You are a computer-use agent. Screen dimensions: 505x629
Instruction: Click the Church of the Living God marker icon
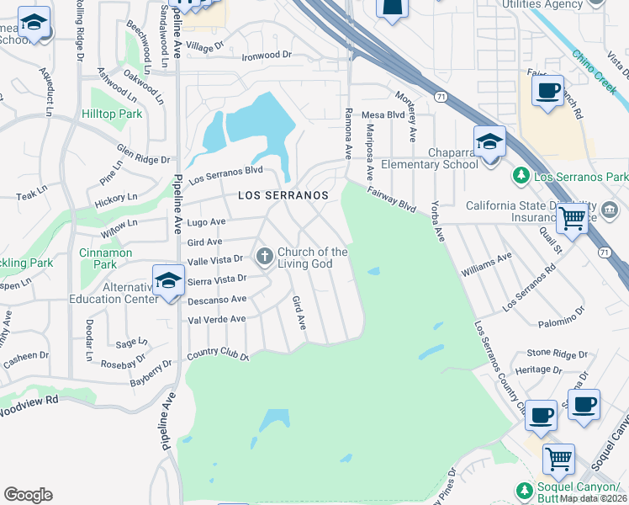click(265, 255)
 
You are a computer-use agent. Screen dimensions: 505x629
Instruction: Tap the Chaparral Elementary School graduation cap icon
click(489, 143)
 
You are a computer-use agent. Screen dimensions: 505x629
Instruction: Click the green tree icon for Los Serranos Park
click(521, 176)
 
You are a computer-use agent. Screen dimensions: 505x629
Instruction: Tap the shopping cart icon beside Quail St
click(573, 219)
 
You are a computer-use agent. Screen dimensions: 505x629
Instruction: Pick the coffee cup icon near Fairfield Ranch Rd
click(548, 90)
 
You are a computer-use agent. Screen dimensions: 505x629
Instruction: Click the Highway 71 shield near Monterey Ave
click(440, 97)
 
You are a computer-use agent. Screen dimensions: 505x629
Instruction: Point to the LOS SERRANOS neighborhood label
click(283, 194)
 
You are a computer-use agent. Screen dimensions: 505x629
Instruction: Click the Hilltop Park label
click(112, 113)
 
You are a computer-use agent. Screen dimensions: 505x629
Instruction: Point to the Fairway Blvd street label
click(391, 199)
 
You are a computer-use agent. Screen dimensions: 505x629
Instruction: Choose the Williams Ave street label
click(487, 266)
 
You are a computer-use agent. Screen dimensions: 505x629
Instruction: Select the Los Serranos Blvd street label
click(225, 175)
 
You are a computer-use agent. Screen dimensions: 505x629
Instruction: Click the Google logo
click(28, 495)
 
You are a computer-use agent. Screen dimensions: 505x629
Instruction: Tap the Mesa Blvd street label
click(383, 115)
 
